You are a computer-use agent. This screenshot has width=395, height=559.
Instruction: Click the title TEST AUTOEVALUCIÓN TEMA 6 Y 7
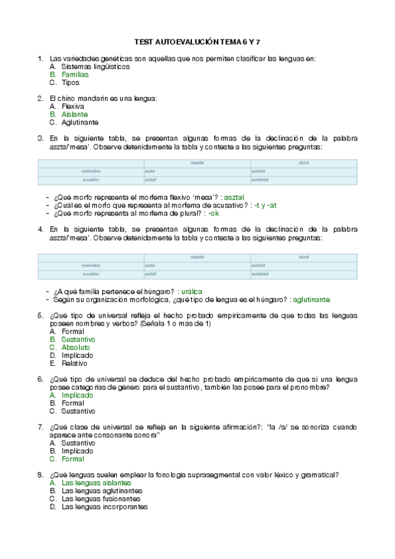click(x=197, y=41)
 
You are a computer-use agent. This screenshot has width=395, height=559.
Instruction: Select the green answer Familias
click(x=75, y=74)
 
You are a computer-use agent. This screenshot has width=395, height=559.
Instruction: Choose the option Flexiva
click(x=73, y=106)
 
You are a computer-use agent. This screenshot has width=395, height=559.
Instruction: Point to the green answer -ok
click(x=214, y=213)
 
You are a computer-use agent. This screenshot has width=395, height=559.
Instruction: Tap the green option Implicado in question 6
click(x=77, y=396)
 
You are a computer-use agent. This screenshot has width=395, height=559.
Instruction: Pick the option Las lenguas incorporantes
click(x=104, y=507)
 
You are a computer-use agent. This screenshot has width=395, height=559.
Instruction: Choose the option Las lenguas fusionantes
click(x=101, y=499)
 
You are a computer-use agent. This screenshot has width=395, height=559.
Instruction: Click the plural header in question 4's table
click(x=303, y=256)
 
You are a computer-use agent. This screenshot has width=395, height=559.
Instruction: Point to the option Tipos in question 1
click(x=70, y=82)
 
